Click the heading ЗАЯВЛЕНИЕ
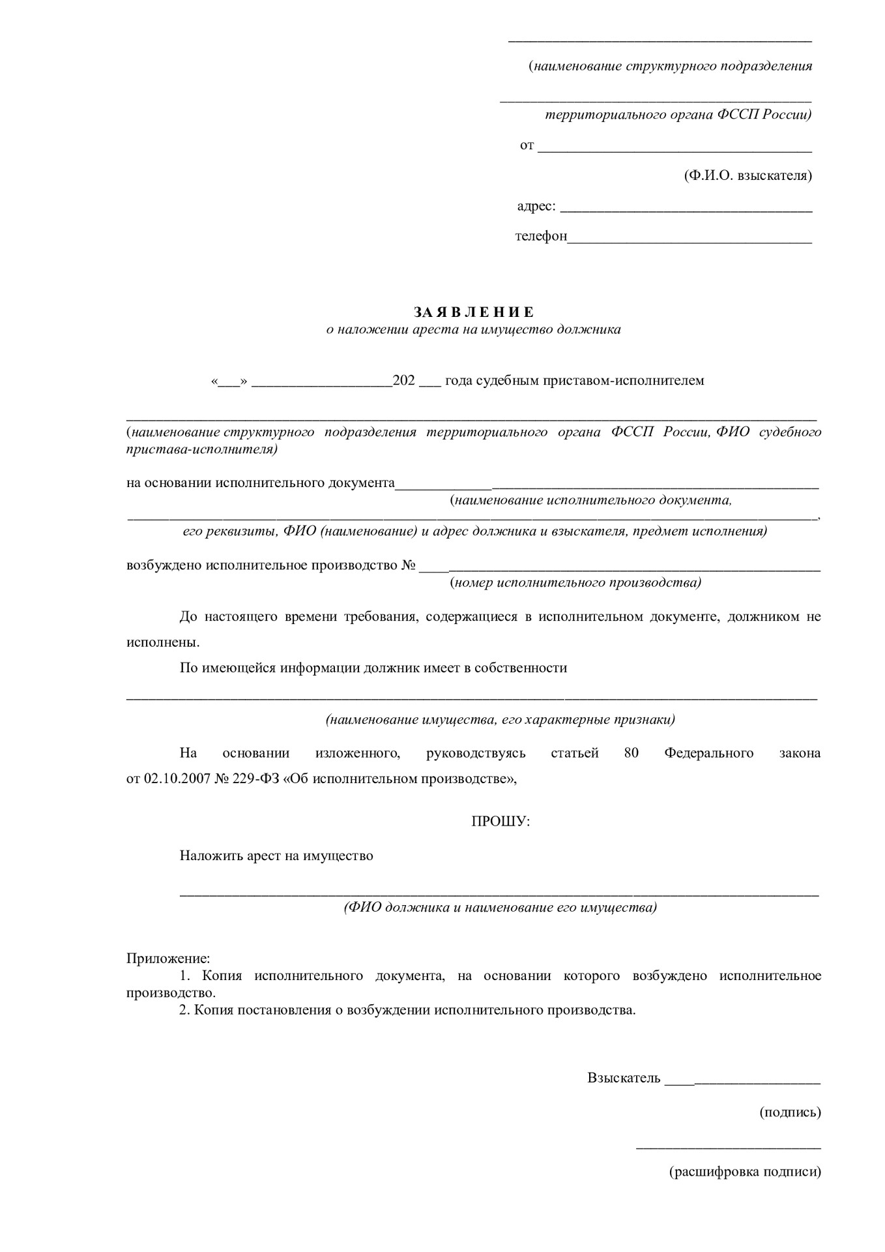pyautogui.click(x=473, y=312)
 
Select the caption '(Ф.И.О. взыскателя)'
pyautogui.click(x=747, y=175)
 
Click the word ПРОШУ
pyautogui.click(x=501, y=822)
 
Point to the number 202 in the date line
pyautogui.click(x=404, y=381)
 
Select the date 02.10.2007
pyautogui.click(x=175, y=779)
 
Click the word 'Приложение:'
pyautogui.click(x=168, y=959)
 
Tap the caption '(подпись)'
pyautogui.click(x=790, y=1112)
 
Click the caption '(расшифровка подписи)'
pyautogui.click(x=745, y=1172)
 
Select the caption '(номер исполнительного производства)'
pyautogui.click(x=575, y=582)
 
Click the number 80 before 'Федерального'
pyautogui.click(x=631, y=753)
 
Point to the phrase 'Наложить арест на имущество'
pyautogui.click(x=276, y=856)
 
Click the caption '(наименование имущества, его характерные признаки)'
pyautogui.click(x=500, y=720)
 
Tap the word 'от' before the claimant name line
pyautogui.click(x=527, y=145)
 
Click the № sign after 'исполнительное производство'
pyautogui.click(x=409, y=565)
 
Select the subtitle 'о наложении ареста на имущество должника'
pyautogui.click(x=473, y=330)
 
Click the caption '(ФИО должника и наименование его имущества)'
pyautogui.click(x=500, y=908)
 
